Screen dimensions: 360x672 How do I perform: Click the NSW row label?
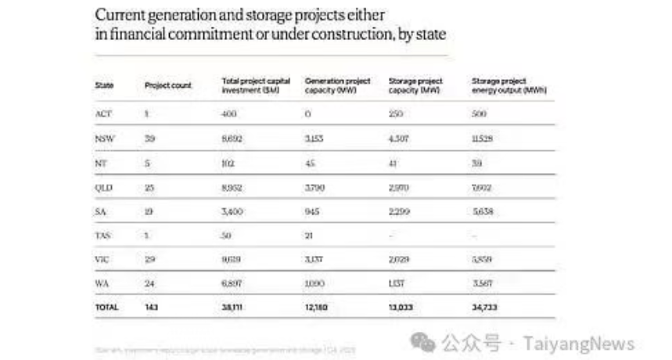(x=103, y=139)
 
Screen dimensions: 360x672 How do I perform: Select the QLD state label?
(x=104, y=187)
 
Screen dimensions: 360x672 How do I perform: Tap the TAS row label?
(x=103, y=236)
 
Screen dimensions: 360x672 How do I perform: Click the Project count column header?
(x=168, y=85)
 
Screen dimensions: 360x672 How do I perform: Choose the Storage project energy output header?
(x=509, y=85)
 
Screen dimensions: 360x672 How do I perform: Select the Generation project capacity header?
(x=337, y=85)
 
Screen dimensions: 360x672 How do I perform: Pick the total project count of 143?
(x=153, y=308)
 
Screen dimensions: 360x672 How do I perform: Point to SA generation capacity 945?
(x=314, y=211)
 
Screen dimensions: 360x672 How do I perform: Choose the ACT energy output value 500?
(x=480, y=113)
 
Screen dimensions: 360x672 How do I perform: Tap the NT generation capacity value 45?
(x=311, y=163)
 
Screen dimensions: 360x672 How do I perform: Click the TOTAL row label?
(x=106, y=308)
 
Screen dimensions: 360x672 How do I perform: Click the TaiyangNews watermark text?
(x=579, y=343)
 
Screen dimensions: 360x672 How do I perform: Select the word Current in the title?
(x=119, y=15)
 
